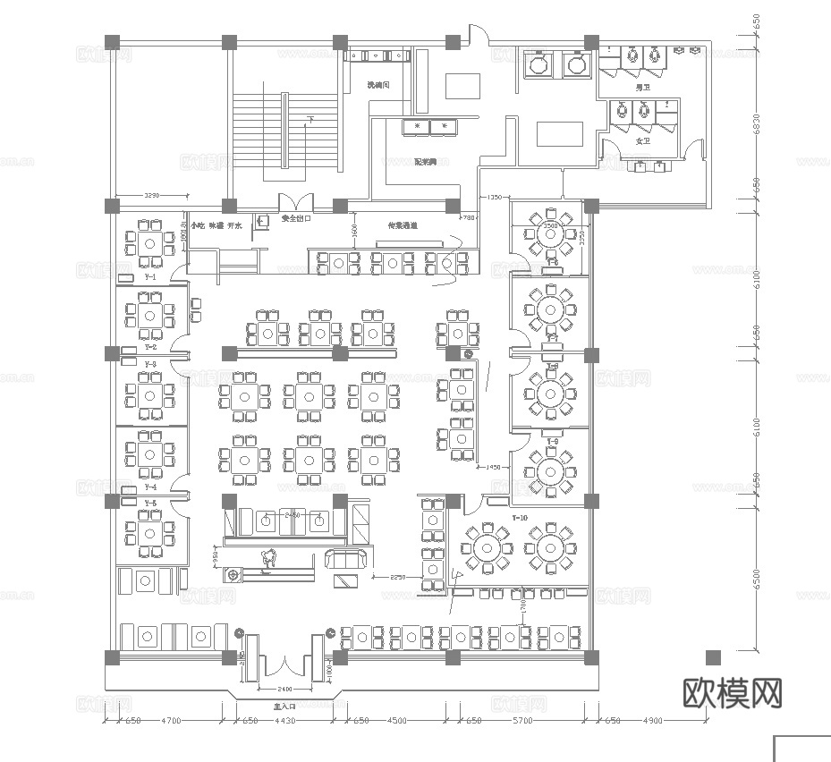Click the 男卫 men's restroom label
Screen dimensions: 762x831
641,88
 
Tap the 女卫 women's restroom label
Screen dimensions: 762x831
642,141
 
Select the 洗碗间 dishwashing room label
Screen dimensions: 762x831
380,86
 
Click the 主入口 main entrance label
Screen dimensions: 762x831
284,706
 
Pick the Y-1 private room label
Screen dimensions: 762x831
150,277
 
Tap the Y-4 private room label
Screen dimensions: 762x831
150,487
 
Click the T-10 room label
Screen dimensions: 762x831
521,519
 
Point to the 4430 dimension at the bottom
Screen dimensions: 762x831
284,720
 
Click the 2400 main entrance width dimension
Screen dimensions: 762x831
284,690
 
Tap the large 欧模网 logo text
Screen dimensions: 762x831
733,692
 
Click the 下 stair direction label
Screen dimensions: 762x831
310,118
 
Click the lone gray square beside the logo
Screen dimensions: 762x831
712,657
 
